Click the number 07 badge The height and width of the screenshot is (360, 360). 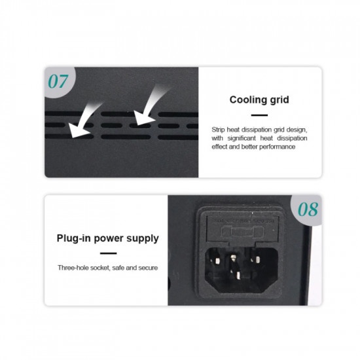(58, 82)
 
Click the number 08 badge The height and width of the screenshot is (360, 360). (308, 209)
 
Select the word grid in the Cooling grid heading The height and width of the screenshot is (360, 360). (279, 100)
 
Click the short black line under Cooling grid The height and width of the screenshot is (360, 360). (259, 115)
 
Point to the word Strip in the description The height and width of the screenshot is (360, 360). (218, 130)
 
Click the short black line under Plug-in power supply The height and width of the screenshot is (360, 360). (109, 253)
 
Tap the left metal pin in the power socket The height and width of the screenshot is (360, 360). (217, 261)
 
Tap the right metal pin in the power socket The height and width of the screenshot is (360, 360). (257, 259)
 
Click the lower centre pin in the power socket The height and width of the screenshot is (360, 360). (238, 276)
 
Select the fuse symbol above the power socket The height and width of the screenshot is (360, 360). (242, 232)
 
